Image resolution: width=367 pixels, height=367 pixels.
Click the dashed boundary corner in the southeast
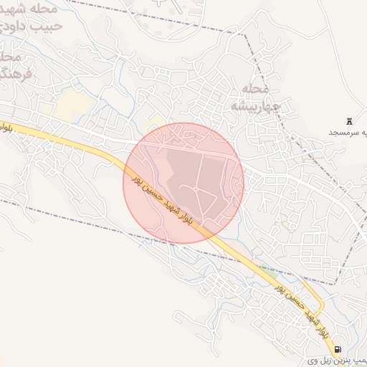click(334, 285)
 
